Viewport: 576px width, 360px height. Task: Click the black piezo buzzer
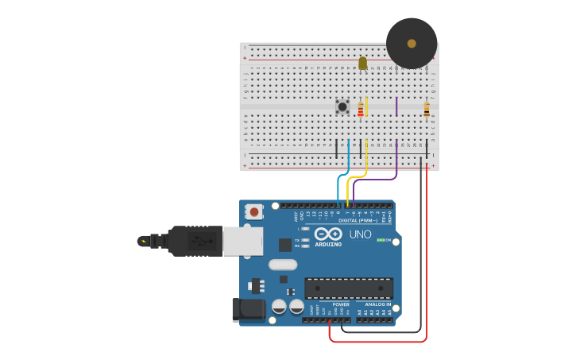coord(412,43)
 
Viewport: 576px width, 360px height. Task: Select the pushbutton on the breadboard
coord(342,106)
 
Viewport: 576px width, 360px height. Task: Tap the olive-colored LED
coord(363,63)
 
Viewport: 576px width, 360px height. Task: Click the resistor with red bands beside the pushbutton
coord(360,110)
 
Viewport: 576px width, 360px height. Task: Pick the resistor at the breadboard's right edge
coord(427,110)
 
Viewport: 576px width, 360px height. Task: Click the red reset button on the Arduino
coord(254,211)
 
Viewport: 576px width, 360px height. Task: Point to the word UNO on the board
coord(360,234)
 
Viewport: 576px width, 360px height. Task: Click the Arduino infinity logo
coord(328,234)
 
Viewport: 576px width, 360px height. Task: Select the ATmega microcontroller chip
coord(349,288)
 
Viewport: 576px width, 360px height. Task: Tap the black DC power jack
coord(248,310)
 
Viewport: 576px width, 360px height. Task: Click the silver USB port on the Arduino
coord(242,241)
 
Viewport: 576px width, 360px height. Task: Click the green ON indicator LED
coord(381,240)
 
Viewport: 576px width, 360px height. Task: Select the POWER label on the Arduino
coord(341,304)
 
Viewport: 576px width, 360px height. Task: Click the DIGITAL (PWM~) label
coord(358,220)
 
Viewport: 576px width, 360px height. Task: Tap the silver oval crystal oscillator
coord(282,265)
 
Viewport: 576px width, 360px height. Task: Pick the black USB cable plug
coord(191,241)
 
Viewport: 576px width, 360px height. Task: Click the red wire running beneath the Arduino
coord(377,342)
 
